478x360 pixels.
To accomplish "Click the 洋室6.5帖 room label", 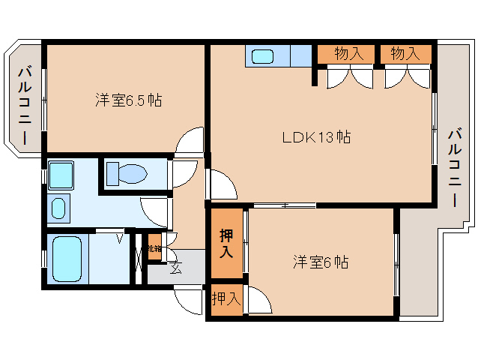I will click(128, 99).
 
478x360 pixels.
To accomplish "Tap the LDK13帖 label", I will click(316, 137).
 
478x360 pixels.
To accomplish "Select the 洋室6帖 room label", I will click(319, 262).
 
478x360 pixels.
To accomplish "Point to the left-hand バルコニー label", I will click(23, 105).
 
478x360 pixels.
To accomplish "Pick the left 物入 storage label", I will click(349, 54).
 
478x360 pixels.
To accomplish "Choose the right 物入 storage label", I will click(405, 54).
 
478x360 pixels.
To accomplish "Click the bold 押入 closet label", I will click(226, 243).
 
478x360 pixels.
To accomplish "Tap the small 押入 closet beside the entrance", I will click(226, 300).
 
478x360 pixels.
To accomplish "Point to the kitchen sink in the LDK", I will click(264, 55).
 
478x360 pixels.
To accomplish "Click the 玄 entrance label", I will click(175, 268).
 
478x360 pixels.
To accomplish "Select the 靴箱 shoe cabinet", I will click(154, 248).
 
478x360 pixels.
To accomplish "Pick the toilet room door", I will click(182, 175).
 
